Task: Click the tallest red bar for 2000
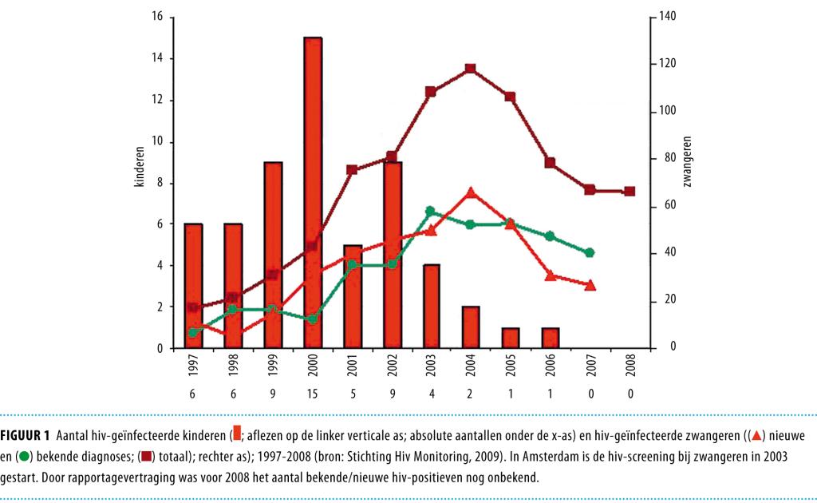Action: pos(312,192)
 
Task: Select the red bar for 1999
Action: pos(273,255)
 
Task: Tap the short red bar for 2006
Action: pos(550,338)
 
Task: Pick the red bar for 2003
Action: pos(431,307)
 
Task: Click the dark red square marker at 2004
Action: pos(470,69)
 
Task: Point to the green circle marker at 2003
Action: pos(431,211)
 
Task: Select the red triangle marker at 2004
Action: pos(470,192)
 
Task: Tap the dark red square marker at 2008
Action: pos(629,192)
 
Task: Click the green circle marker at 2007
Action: pos(590,252)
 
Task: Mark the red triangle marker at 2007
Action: pos(590,285)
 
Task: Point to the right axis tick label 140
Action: pos(667,17)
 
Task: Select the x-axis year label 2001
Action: pos(352,366)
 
